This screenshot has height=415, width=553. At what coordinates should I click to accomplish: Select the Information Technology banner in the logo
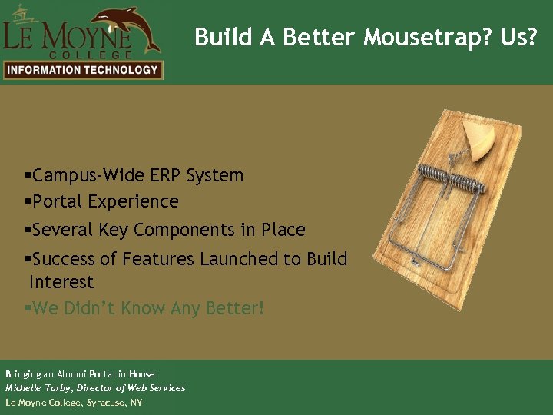coord(81,70)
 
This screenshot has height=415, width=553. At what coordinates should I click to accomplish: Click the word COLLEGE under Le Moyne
coord(90,55)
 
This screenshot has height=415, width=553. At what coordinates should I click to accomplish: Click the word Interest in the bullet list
coord(61,282)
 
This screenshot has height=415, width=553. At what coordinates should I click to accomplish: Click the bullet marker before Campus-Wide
coord(28,176)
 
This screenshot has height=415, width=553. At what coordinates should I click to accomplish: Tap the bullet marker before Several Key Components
coord(28,231)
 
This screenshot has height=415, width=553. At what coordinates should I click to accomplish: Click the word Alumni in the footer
coord(72,374)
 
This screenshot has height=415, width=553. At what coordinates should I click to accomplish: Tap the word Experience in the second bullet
coord(134,201)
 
